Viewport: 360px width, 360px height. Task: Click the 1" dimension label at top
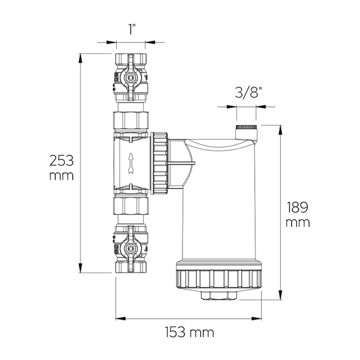click(131, 30)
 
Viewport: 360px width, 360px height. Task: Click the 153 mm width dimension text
click(189, 333)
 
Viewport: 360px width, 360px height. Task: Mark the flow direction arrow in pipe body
click(131, 162)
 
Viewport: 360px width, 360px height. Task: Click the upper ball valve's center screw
click(131, 78)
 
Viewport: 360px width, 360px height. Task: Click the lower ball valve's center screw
click(131, 248)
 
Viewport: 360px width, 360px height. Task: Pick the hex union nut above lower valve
click(131, 206)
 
